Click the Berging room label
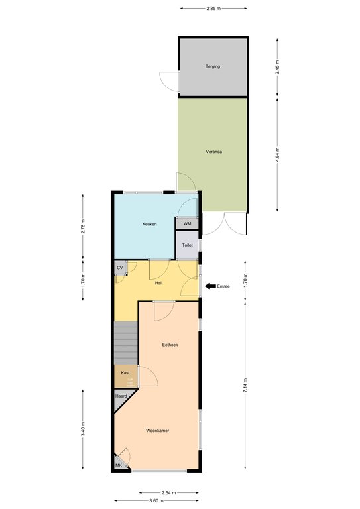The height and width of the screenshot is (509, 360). click(x=213, y=66)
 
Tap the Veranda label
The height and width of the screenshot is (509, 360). click(x=214, y=152)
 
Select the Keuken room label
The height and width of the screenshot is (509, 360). click(x=149, y=224)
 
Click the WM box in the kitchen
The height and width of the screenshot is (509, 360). click(x=187, y=223)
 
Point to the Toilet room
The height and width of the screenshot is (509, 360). click(x=187, y=245)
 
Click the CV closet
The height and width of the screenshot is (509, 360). click(x=120, y=268)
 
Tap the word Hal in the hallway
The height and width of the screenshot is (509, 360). click(x=158, y=283)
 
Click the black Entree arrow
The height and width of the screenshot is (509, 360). click(x=210, y=286)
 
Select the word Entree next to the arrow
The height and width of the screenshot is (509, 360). click(x=223, y=286)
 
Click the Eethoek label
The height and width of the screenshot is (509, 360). click(x=170, y=345)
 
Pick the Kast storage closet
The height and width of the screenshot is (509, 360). click(x=125, y=376)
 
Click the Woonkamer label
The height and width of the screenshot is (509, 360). click(x=157, y=431)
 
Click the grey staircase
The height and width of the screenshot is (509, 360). click(x=125, y=343)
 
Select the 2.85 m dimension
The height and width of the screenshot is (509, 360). click(x=213, y=9)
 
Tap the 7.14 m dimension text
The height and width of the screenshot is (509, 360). click(x=245, y=386)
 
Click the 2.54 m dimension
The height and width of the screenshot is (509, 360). click(x=169, y=493)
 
